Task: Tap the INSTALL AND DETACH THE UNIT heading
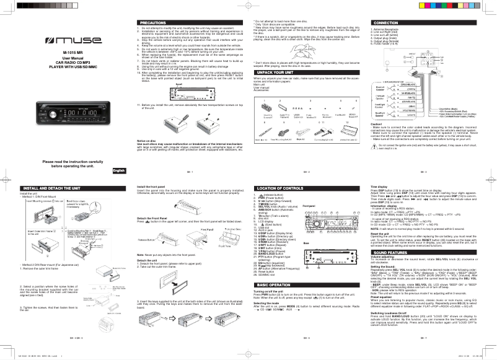(x=46, y=187)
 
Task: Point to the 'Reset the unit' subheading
(x=384, y=234)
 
